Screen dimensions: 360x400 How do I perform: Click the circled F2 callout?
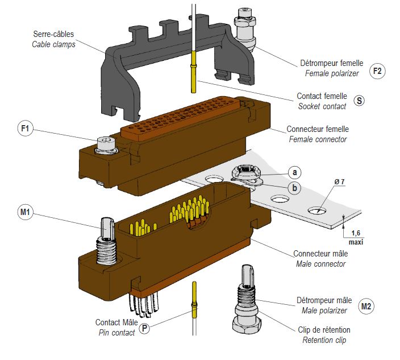377,71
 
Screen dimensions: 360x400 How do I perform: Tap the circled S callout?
359,101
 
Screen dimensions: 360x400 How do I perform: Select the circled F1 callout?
24,129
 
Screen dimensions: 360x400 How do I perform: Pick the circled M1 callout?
24,213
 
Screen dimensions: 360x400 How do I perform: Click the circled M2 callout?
367,307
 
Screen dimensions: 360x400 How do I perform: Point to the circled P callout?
145,328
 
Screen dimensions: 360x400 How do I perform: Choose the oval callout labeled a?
295,171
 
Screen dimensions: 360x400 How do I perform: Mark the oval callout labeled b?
295,187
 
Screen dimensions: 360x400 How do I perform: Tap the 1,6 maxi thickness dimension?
357,237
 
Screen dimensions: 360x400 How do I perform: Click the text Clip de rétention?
324,330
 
